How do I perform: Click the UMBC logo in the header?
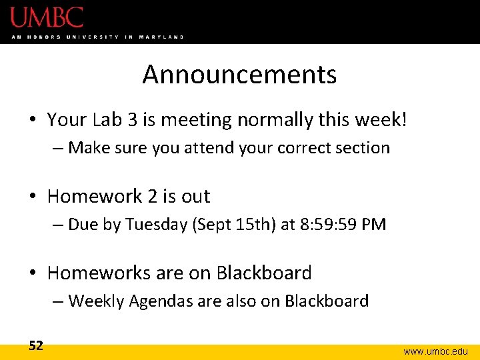coord(47,17)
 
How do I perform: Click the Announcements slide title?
coord(239,74)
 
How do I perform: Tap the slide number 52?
coord(36,345)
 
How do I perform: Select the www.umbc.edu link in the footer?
coord(436,351)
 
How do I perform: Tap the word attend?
coord(207,147)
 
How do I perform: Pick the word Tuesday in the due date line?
coord(155,224)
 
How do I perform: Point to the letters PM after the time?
coord(373,224)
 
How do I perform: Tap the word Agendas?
coord(158,301)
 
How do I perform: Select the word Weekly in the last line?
coord(96,301)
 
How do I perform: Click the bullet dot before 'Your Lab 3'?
coord(32,121)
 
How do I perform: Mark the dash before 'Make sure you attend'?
coord(57,148)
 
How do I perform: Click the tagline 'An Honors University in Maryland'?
coord(97,37)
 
